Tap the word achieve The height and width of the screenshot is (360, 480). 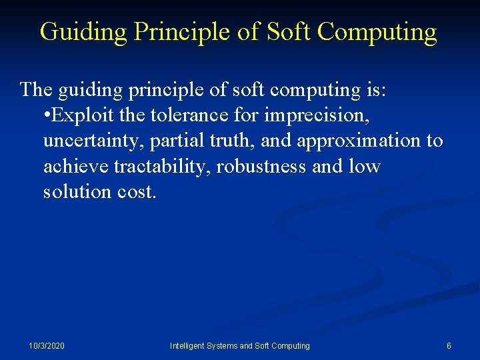point(76,166)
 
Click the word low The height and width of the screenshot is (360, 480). point(364,166)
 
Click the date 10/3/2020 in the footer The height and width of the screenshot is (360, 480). point(47,346)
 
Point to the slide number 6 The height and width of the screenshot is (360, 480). point(449,346)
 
